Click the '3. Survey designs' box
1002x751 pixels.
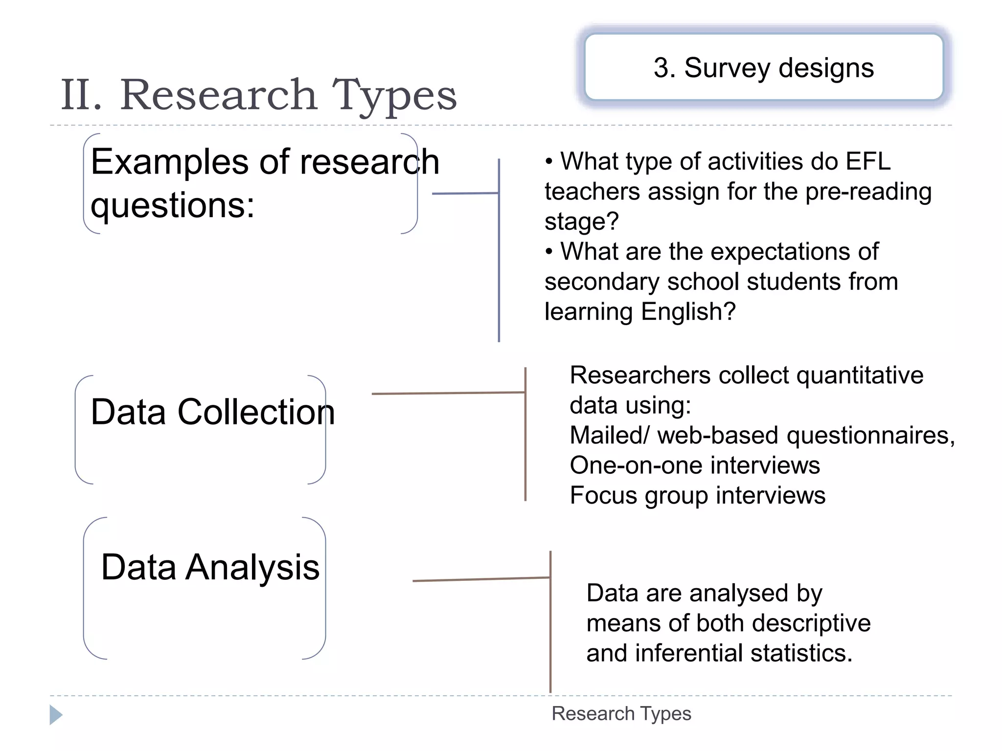763,67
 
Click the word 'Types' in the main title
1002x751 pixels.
394,95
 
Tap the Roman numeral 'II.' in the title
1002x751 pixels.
82,95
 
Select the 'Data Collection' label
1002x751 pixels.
213,412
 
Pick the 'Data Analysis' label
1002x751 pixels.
210,567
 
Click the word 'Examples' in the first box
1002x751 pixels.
169,162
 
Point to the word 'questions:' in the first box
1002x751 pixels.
173,205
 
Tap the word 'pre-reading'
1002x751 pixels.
868,191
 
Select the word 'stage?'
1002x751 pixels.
582,221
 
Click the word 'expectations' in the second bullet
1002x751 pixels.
777,252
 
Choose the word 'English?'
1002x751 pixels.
688,311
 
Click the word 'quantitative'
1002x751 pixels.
860,375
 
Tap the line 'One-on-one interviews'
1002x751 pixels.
695,465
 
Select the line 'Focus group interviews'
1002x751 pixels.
698,495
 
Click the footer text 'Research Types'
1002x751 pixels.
621,714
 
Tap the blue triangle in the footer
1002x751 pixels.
56,715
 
